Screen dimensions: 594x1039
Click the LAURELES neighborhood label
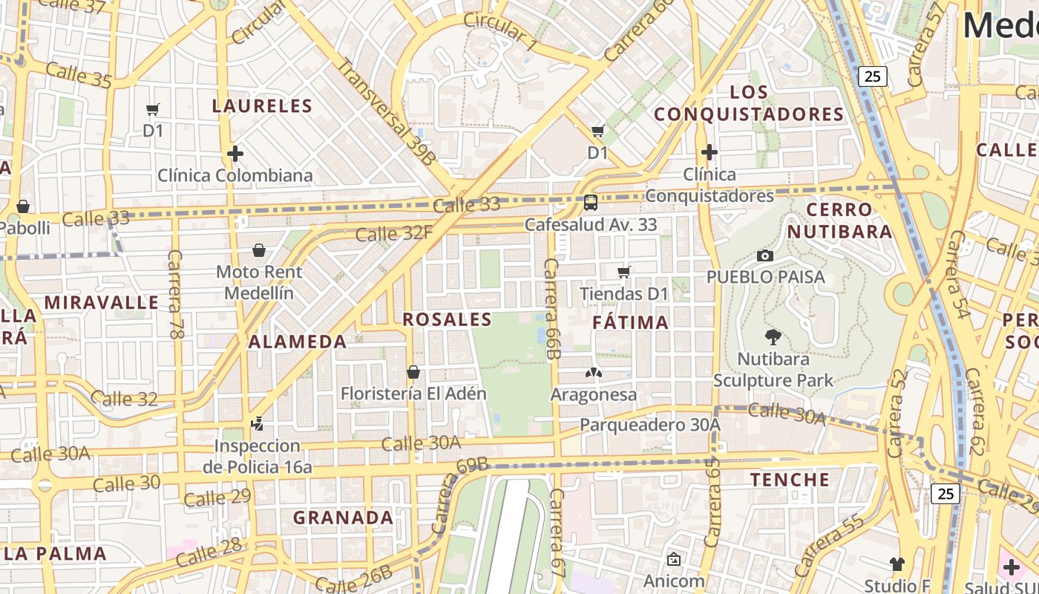pos(262,105)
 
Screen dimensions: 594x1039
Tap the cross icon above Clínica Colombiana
pos(235,154)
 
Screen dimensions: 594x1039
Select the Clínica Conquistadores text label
pos(709,185)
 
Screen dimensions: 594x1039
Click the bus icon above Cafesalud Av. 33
pos(591,202)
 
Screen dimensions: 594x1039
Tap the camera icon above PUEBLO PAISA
pos(765,255)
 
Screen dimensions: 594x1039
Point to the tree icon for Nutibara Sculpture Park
pos(773,337)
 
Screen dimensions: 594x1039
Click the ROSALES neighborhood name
pos(447,319)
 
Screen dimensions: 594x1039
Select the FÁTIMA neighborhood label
pos(631,322)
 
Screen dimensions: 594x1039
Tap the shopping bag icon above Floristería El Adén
pos(413,371)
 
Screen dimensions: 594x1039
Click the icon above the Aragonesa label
pos(593,373)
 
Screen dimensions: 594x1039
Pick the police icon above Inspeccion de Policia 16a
pos(257,424)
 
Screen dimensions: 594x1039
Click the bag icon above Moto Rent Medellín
pos(259,250)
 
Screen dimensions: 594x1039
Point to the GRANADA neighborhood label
pos(343,518)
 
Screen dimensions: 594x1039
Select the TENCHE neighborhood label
pos(790,480)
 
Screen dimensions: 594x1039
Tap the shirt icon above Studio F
pos(897,564)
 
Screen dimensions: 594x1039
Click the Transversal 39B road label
pos(387,111)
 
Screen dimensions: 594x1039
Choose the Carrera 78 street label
pos(175,295)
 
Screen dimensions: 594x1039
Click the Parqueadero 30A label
pos(649,425)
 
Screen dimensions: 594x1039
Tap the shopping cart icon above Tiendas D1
pos(624,272)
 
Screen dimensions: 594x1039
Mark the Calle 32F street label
pos(393,234)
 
